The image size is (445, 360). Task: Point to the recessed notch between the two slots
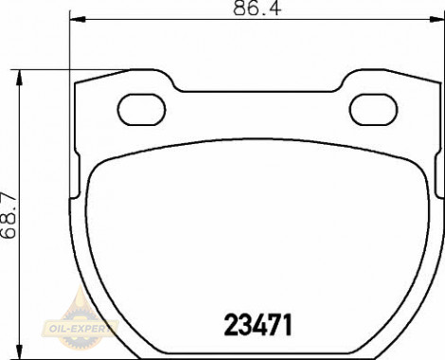pyautogui.click(x=258, y=94)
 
